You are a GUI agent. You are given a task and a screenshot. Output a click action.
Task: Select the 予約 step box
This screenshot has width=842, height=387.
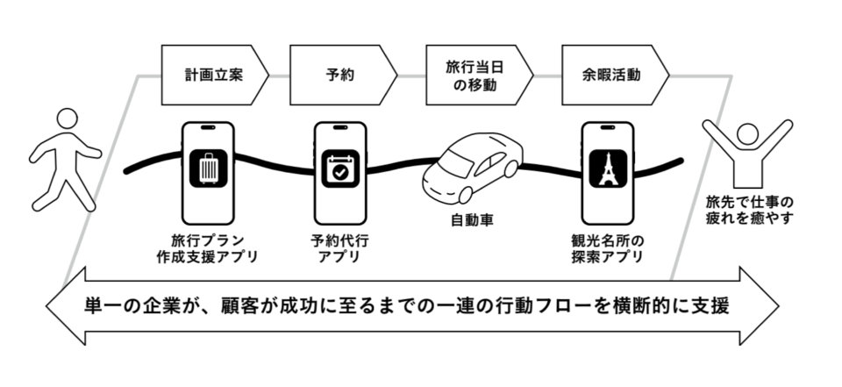[338, 75]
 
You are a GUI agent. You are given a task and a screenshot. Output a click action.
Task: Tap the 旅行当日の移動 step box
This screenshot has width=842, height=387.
[474, 75]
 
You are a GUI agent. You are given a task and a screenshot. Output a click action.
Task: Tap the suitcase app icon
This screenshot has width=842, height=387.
[210, 170]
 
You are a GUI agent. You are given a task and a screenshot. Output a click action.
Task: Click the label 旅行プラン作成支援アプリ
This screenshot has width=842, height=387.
[208, 247]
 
